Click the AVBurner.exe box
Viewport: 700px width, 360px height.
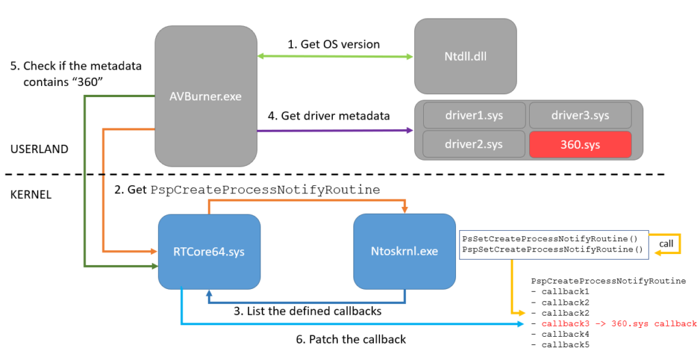206,96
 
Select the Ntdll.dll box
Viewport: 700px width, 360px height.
465,55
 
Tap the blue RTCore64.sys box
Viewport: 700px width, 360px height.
209,251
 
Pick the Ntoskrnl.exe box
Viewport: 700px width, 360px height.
404,251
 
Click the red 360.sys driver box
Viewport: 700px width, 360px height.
580,144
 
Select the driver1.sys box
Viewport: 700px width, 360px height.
474,115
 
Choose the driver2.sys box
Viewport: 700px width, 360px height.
474,144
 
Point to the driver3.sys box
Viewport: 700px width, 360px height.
580,115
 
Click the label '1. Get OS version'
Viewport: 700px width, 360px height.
333,44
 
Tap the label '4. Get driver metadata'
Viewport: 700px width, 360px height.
329,115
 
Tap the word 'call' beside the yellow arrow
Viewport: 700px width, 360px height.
668,243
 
